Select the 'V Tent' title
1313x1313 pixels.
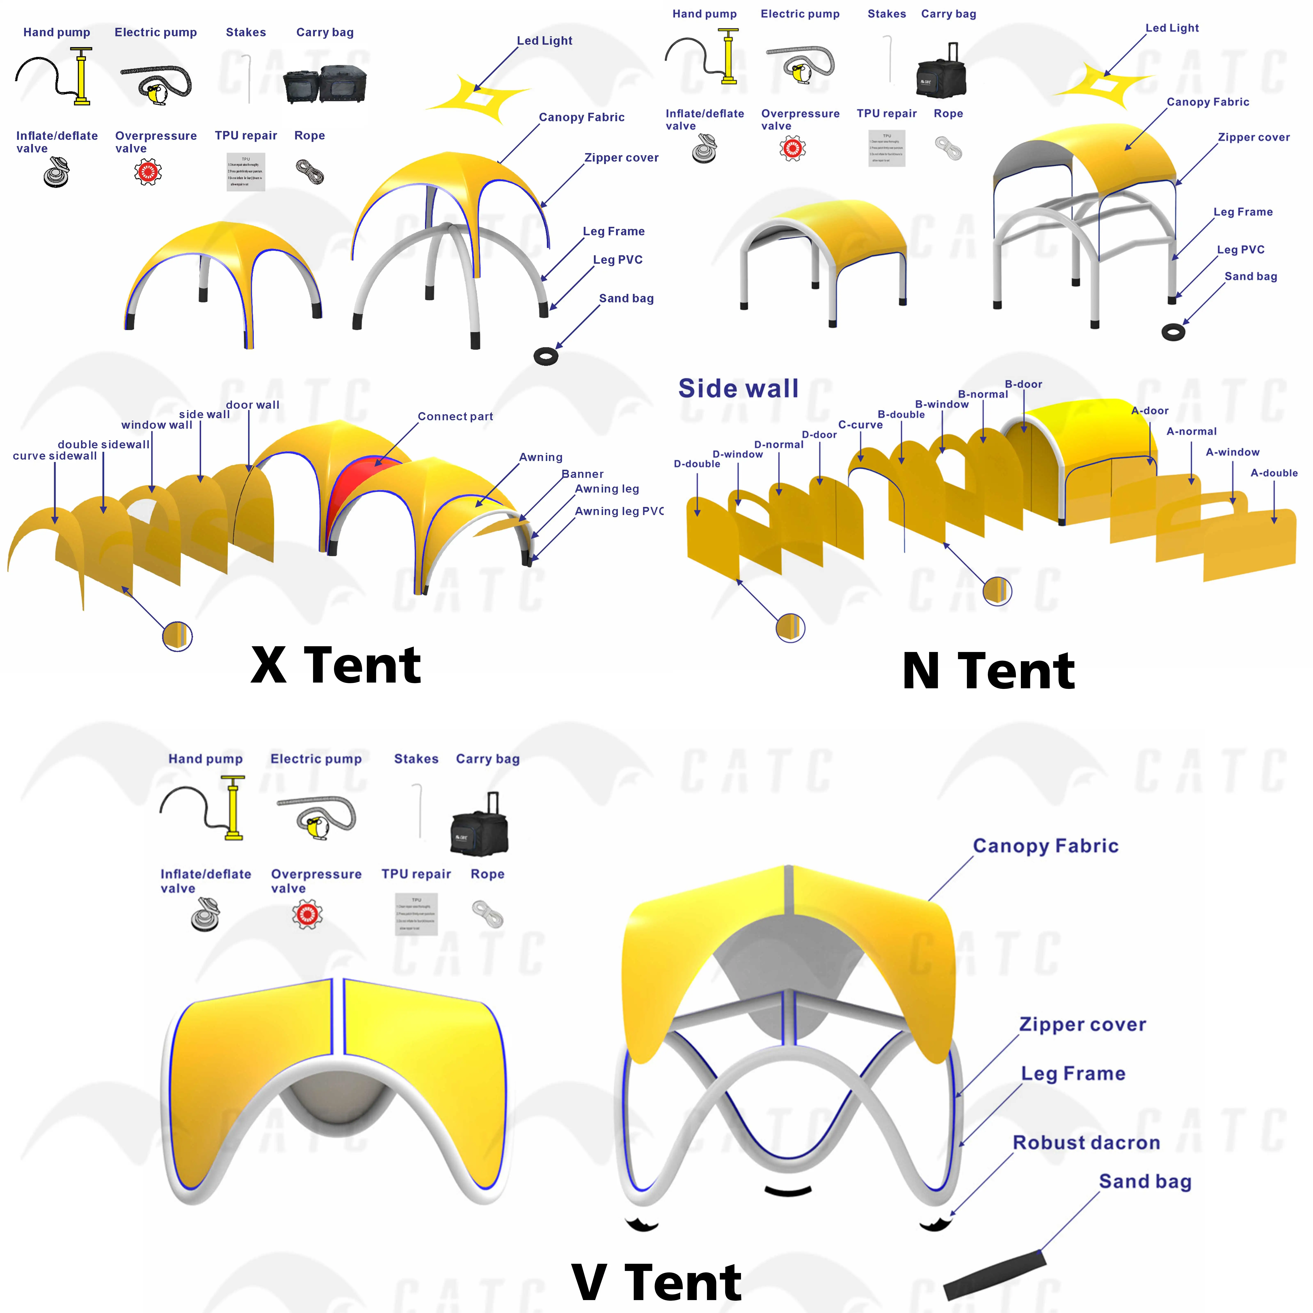656,1282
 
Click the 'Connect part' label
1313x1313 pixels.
455,417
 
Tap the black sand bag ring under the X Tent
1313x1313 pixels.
546,356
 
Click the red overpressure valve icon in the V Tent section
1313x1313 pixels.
307,915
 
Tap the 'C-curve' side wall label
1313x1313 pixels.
860,425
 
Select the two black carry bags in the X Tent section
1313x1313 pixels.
324,84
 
